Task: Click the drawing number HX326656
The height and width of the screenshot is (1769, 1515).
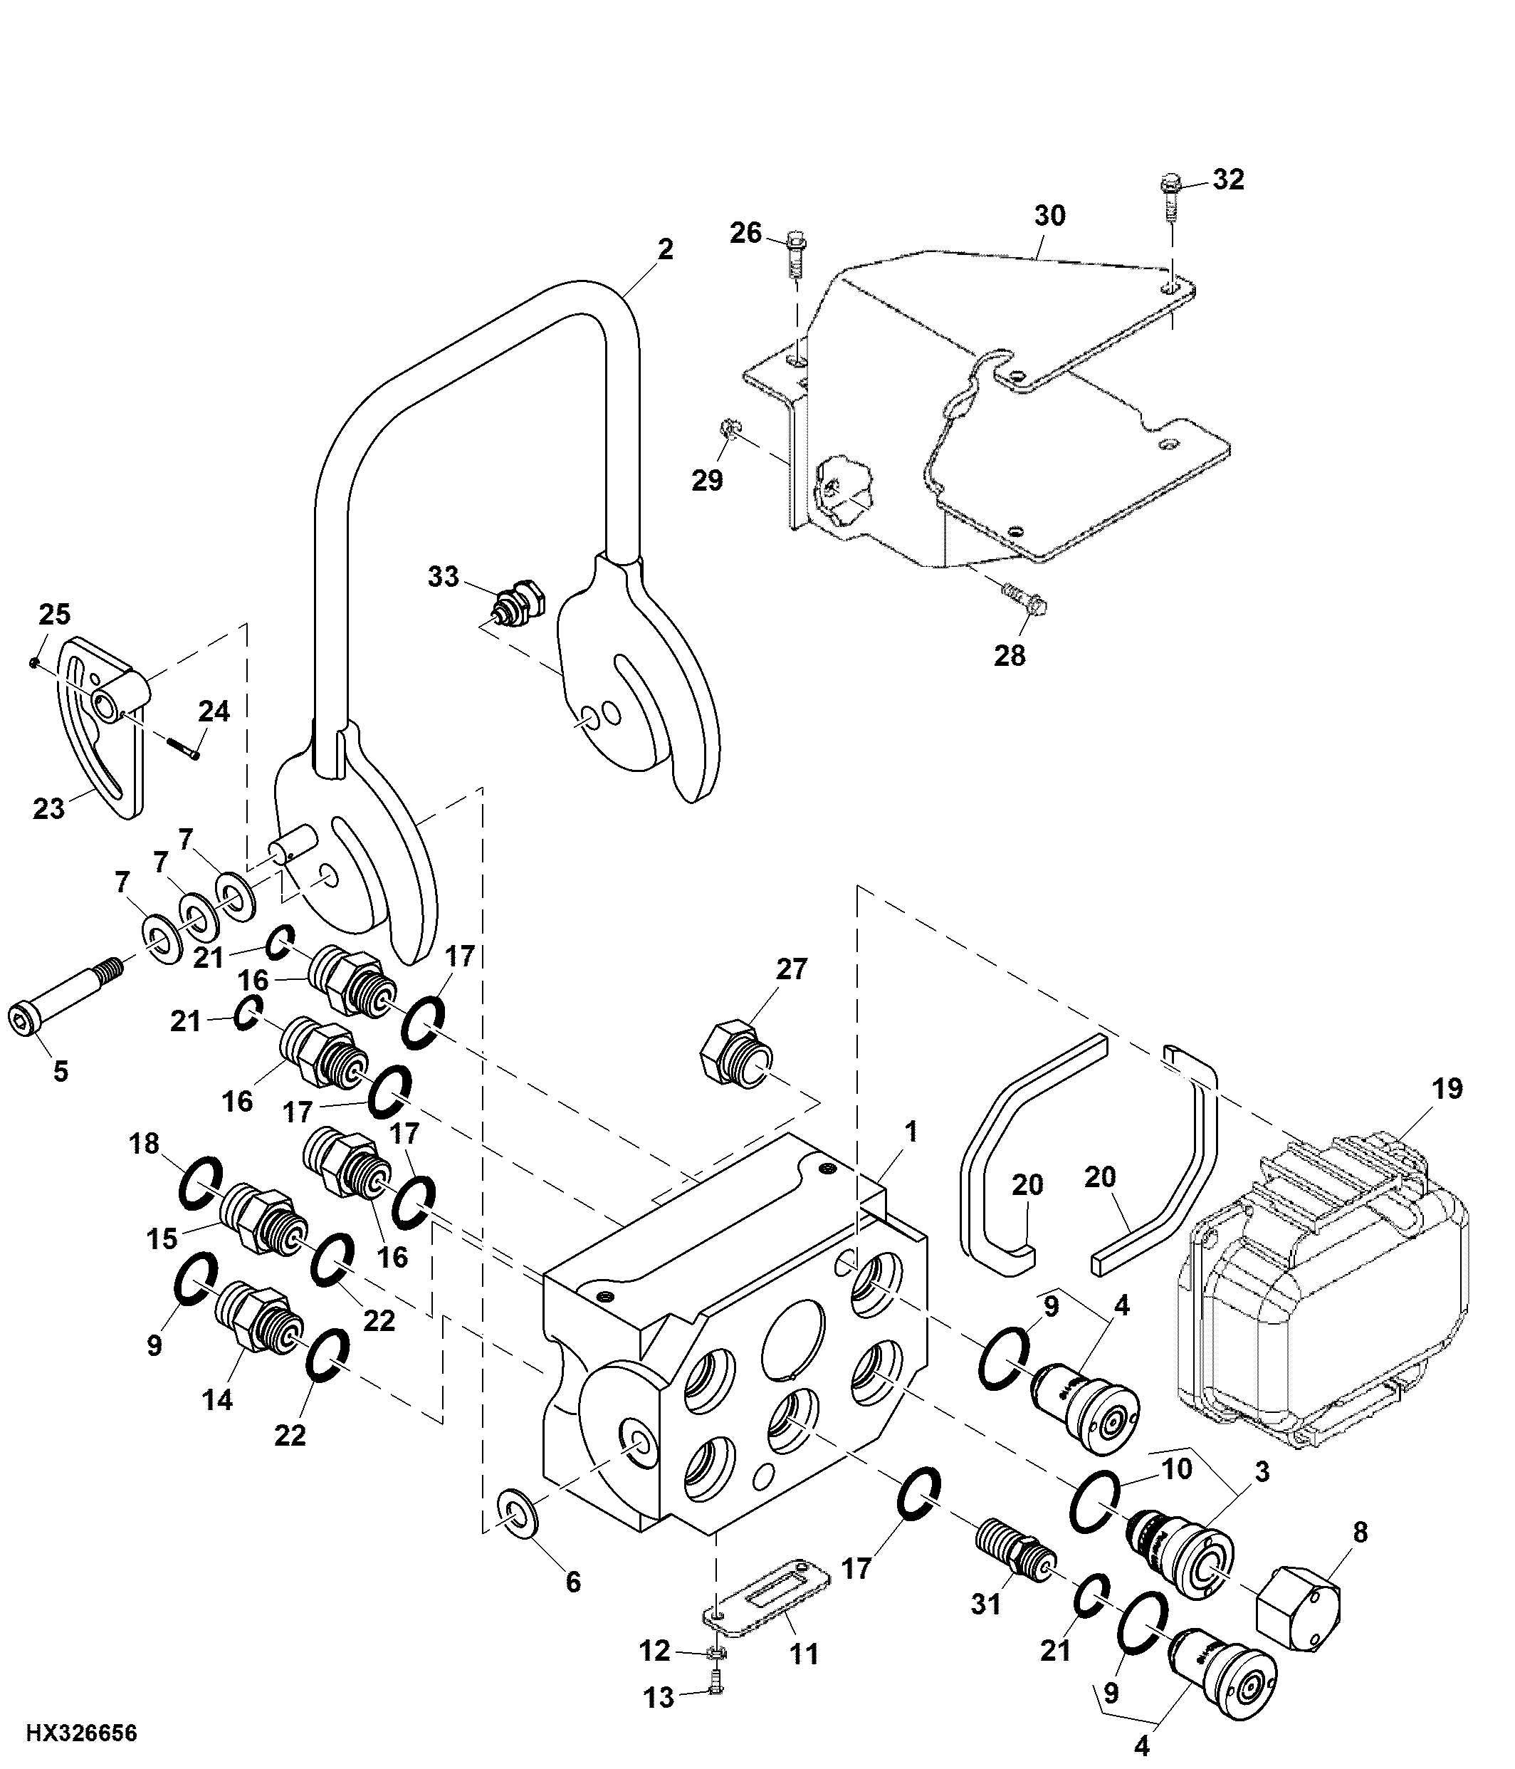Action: (x=81, y=1733)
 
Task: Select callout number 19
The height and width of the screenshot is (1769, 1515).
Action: (x=1447, y=1089)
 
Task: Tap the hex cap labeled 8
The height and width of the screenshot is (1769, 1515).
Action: (x=1297, y=1609)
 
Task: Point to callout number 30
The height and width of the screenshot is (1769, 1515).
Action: (x=1050, y=215)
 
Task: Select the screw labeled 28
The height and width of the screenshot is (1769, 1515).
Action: (x=1025, y=597)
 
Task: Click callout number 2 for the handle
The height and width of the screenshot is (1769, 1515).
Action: (x=665, y=249)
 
